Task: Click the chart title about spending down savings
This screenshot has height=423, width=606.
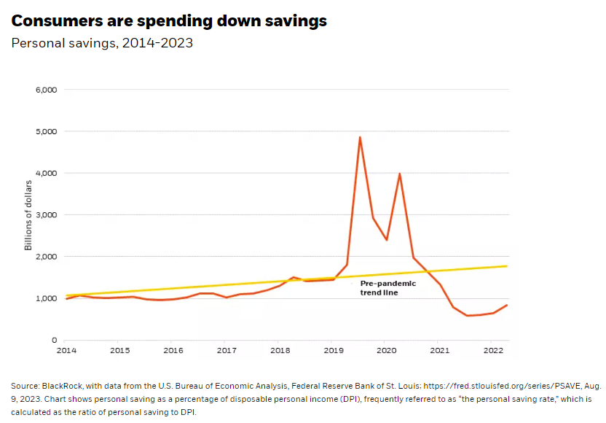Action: [169, 21]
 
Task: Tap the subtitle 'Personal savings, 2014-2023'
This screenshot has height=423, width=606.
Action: [102, 43]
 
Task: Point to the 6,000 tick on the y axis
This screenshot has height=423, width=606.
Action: [46, 90]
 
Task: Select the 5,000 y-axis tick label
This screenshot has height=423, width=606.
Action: [46, 131]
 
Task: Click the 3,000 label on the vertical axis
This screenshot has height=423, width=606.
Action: [46, 215]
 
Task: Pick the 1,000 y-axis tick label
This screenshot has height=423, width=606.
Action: [46, 299]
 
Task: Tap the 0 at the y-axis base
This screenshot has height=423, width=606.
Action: [54, 341]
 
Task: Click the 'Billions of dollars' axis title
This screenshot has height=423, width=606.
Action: [28, 215]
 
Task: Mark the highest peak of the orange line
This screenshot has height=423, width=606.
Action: [360, 137]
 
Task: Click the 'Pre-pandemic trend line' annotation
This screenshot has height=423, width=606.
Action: [388, 287]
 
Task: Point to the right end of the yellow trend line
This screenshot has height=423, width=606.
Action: [507, 266]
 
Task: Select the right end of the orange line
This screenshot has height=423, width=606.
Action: [507, 305]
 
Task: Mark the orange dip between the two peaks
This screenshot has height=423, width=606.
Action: [387, 239]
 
